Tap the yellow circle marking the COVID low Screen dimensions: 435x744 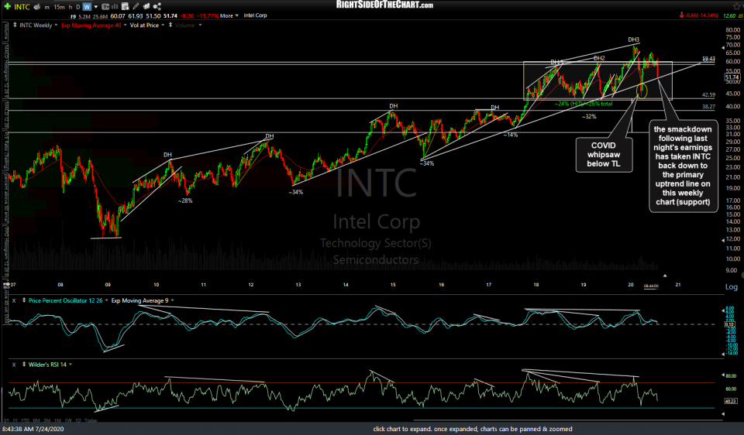tap(641, 92)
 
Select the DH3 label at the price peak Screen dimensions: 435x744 tap(634, 39)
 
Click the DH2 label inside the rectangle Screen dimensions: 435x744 tap(598, 59)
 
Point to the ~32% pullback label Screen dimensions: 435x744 tap(589, 116)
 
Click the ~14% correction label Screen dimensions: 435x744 tap(510, 135)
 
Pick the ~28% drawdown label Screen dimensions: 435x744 tap(185, 200)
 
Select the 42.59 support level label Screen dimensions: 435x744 tap(708, 95)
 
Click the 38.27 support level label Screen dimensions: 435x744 tap(708, 107)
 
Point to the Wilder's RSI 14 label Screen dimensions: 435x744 tap(46, 364)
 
